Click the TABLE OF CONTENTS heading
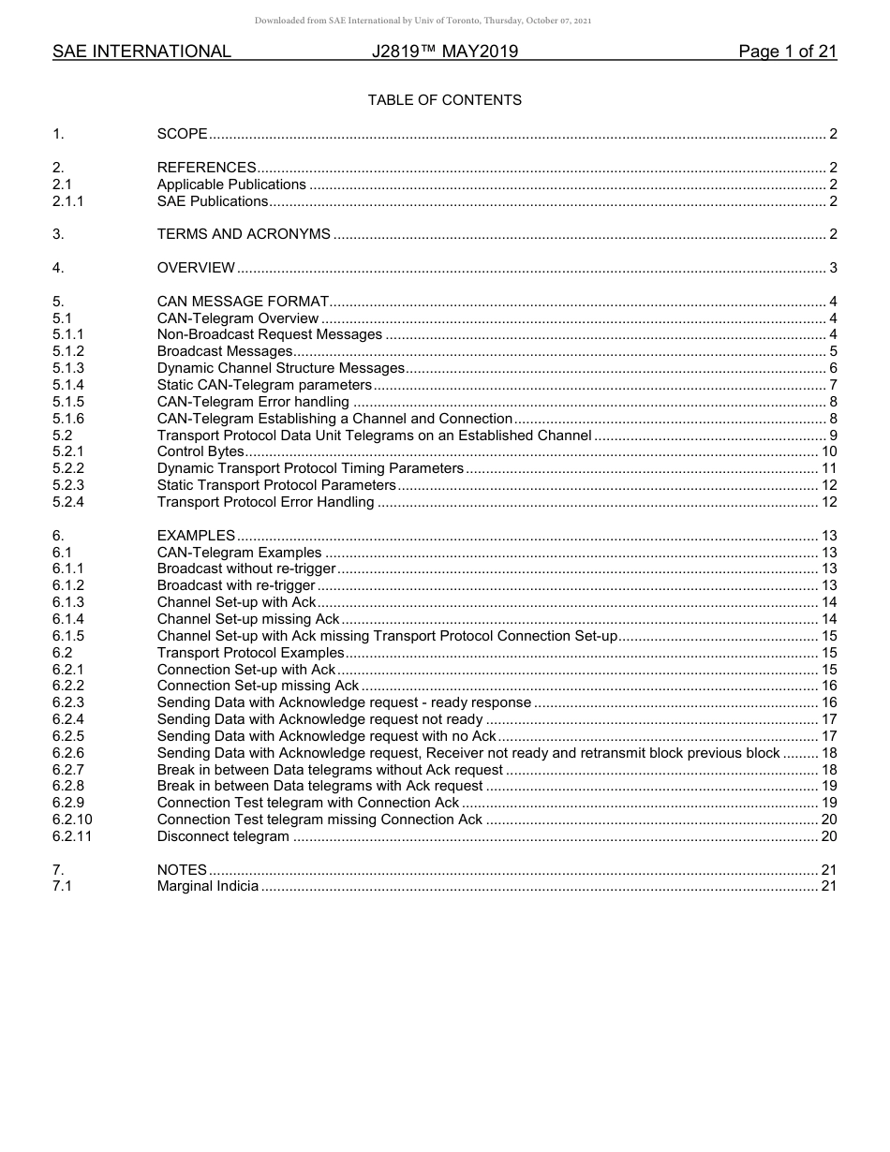coord(444,100)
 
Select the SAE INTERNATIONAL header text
coord(141,52)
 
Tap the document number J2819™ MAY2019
coord(444,52)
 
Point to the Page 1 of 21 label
coord(787,52)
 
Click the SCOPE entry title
coord(182,134)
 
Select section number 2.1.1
coord(68,201)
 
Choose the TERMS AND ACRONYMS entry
coord(244,234)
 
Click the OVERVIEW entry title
coord(196,268)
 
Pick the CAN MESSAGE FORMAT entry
coord(243,302)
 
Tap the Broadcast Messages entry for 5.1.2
coord(225,351)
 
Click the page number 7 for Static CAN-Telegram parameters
coord(833,385)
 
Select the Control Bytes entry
coord(200,452)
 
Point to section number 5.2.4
coord(68,502)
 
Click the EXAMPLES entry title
coord(196,536)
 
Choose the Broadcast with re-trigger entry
coord(236,585)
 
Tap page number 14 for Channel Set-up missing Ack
coord(829,619)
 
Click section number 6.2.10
coord(72,820)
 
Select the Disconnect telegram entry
coord(223,836)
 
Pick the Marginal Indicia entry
coord(208,886)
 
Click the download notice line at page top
coord(423,21)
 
